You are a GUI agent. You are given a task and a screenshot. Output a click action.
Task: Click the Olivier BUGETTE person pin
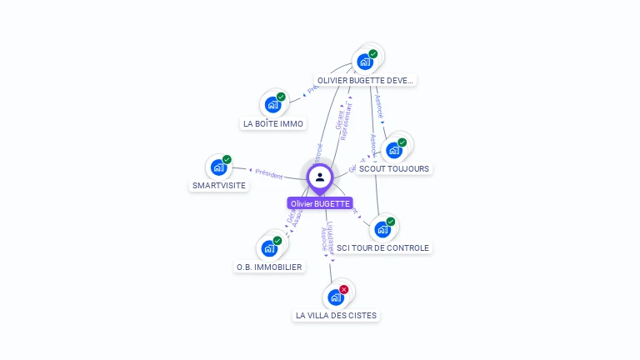[x=320, y=177]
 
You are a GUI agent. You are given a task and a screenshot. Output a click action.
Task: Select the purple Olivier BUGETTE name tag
[x=320, y=203]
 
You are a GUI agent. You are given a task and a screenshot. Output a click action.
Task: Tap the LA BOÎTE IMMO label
[x=273, y=124]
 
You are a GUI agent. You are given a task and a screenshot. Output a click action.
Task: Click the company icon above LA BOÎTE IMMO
[x=272, y=105]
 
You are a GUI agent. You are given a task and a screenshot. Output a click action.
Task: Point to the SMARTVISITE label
[x=219, y=185]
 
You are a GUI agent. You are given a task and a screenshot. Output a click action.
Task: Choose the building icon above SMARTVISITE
[x=218, y=167]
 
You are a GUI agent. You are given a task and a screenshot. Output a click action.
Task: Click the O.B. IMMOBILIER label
[x=269, y=267]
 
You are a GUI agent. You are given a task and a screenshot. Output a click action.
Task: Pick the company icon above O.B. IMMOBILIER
[x=269, y=248]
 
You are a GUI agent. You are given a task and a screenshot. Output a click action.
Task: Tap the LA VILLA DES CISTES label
[x=336, y=316]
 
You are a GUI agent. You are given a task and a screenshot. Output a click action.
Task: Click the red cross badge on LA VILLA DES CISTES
[x=344, y=289]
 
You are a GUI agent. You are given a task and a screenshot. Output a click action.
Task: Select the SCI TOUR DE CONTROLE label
[x=383, y=247]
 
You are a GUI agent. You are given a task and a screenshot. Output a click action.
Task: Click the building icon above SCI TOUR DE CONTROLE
[x=382, y=229]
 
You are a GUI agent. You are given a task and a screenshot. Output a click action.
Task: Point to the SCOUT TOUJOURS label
[x=394, y=168]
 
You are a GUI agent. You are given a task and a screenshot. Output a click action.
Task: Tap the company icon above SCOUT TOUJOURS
[x=393, y=150]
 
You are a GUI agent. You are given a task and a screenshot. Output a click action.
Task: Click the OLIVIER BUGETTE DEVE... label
[x=365, y=81]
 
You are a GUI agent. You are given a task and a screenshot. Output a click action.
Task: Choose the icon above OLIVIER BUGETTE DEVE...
[x=364, y=62]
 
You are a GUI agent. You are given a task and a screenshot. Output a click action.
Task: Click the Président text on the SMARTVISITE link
[x=269, y=174]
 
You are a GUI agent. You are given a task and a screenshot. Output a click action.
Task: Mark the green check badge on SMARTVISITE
[x=227, y=159]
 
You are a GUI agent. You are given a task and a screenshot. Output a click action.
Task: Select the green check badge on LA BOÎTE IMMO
[x=281, y=97]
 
